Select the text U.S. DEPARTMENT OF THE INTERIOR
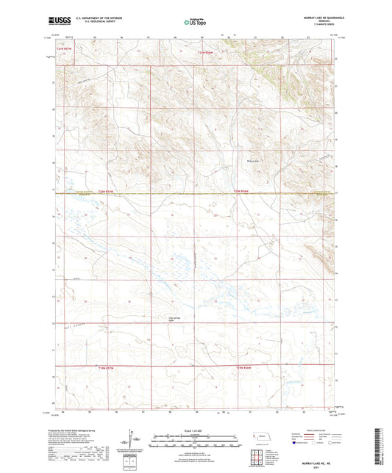pos(93,16)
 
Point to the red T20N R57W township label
pos(107,192)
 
